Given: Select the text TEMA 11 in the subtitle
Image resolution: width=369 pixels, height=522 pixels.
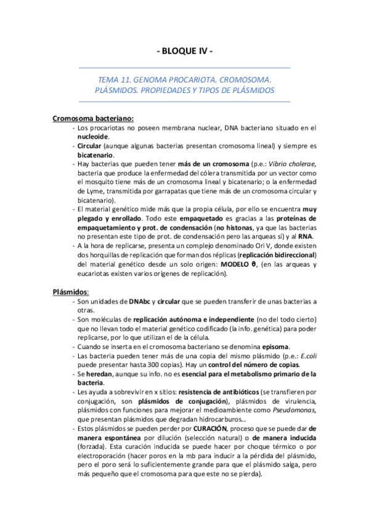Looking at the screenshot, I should pos(114,80).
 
